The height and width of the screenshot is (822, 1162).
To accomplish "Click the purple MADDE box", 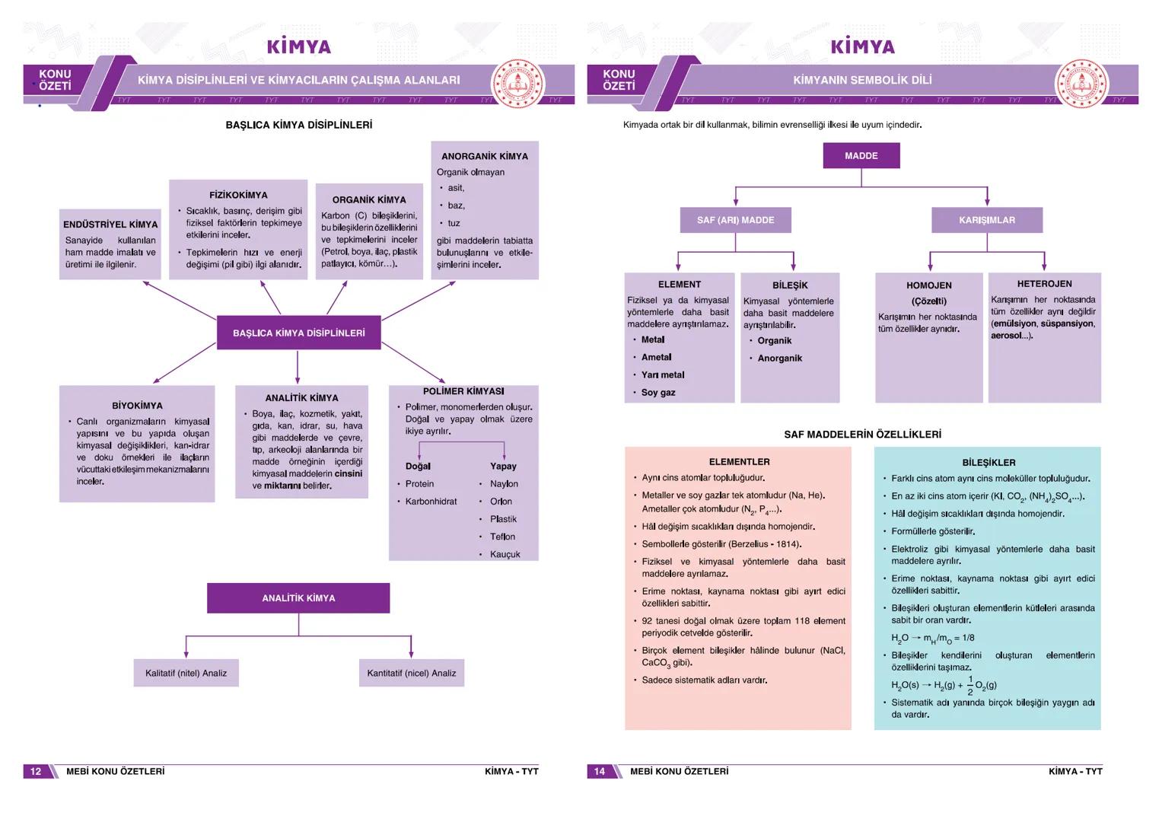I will [861, 156].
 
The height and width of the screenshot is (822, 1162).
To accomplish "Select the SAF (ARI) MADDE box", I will [735, 220].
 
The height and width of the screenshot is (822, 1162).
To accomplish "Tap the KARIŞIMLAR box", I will [986, 220].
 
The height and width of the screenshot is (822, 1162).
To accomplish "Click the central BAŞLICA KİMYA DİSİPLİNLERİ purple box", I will [298, 333].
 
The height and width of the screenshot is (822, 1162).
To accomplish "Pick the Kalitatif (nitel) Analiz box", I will [186, 673].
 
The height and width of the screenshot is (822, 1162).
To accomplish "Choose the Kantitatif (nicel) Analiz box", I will [411, 673].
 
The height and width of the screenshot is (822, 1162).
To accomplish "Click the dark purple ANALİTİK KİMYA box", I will [298, 598].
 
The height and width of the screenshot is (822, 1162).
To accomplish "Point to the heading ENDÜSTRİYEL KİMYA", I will [110, 225].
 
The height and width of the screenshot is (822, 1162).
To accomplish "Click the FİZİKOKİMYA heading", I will [238, 195].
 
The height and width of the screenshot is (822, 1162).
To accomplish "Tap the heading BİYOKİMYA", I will [137, 406].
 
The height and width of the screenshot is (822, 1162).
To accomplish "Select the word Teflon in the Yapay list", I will [502, 537].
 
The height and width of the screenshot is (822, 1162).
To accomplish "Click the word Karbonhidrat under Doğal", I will [431, 502].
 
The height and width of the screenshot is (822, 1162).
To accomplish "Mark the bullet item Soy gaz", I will [658, 393].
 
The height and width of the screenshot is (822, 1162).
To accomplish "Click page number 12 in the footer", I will [36, 771].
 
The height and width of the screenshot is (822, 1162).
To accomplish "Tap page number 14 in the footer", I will [600, 771].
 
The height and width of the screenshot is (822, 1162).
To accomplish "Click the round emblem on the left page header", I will [518, 83].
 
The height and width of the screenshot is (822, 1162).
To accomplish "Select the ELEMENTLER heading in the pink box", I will [739, 462].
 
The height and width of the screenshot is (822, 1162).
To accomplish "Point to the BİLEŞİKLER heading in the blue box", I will [988, 463].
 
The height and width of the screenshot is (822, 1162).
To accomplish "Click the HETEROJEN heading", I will [1044, 284].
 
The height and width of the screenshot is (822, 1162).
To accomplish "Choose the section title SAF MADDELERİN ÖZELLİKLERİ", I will [862, 435].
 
